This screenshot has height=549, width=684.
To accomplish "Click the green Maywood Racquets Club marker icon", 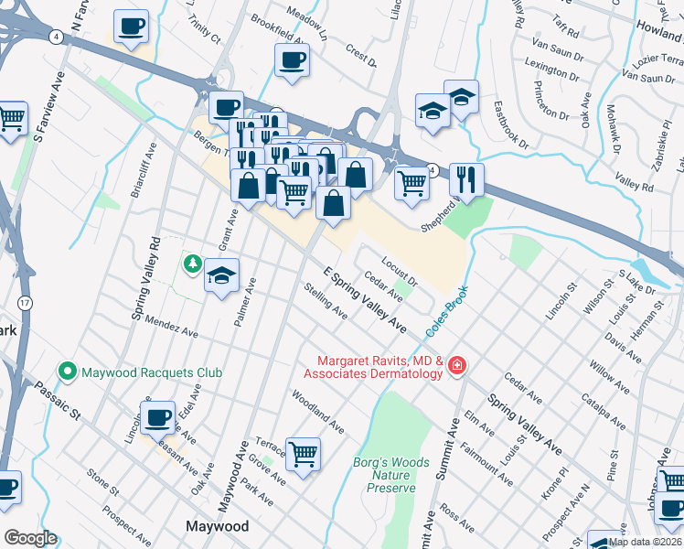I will pos(67,371).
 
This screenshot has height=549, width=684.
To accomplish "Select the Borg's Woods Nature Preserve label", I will pos(391,475).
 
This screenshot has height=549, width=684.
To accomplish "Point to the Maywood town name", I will pos(217,526).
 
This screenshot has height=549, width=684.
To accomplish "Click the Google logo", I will pos(30,538).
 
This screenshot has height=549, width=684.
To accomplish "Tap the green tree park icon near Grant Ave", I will pos(192,264).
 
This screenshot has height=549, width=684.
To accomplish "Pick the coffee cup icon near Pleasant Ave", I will pos(158,416).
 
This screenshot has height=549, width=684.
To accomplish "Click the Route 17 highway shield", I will pos(23,301).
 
